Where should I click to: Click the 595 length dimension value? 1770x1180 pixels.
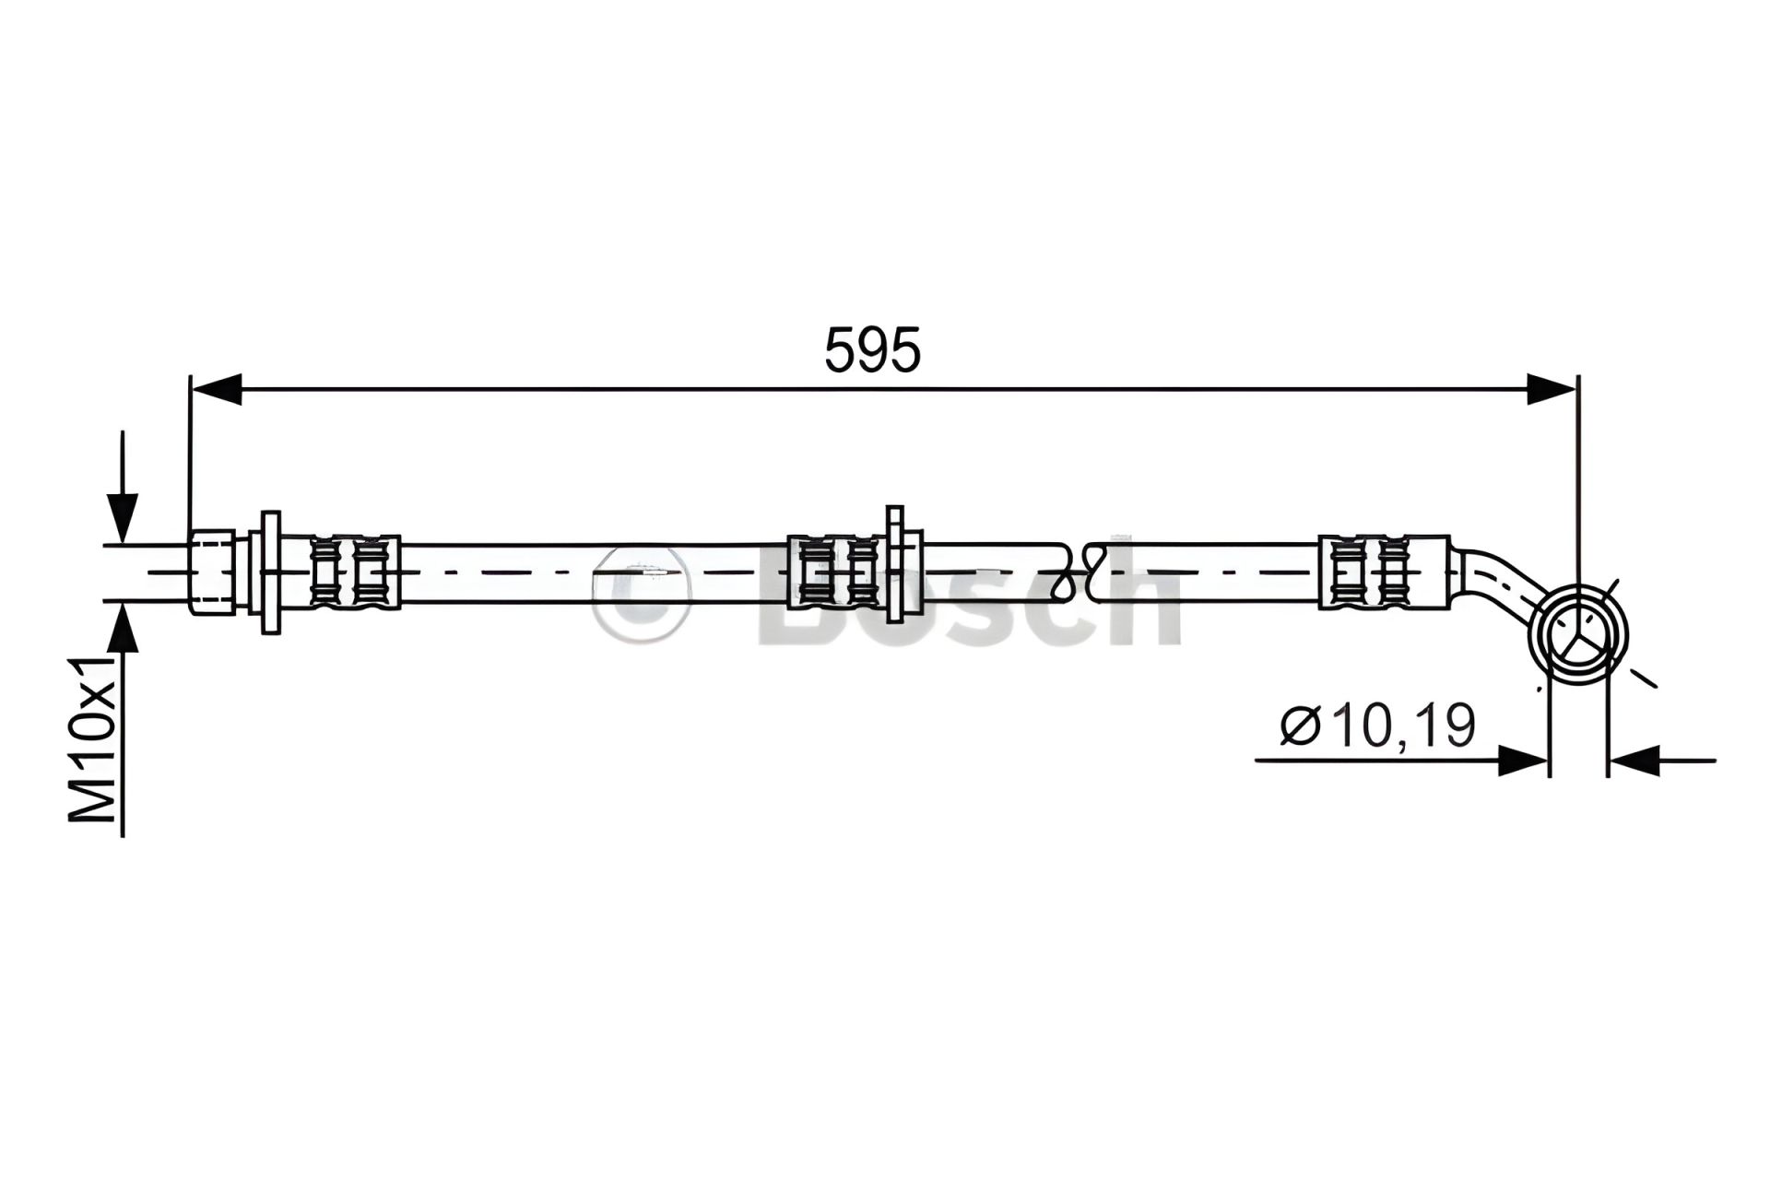click(872, 350)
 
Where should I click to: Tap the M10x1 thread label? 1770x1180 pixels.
click(92, 738)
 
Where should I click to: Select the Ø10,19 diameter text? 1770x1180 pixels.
click(1377, 726)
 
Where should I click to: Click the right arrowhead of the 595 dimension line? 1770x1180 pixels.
click(1551, 389)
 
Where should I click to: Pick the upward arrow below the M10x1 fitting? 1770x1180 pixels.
click(122, 719)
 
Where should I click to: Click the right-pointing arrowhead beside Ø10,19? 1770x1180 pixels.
click(1522, 761)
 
